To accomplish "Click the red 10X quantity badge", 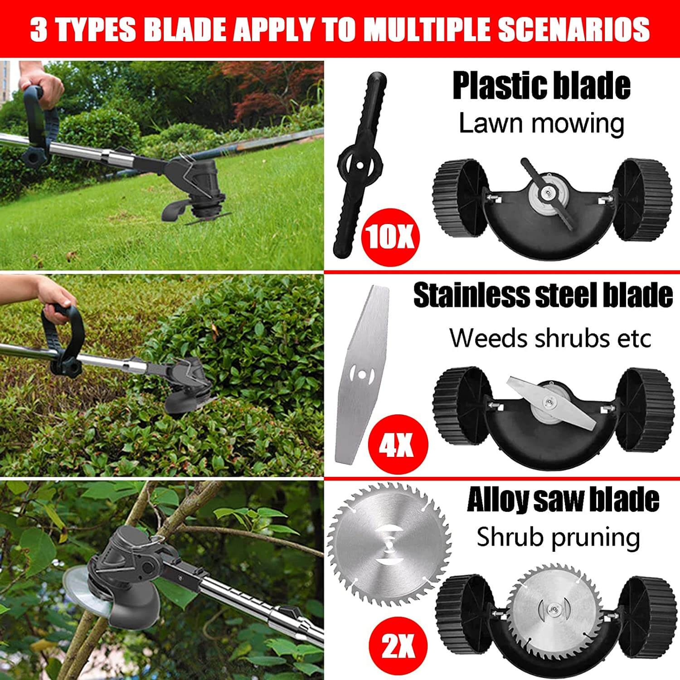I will pyautogui.click(x=390, y=237).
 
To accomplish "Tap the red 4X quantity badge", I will pyautogui.click(x=397, y=446).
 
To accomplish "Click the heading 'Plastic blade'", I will pyautogui.click(x=541, y=86).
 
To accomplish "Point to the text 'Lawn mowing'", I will pyautogui.click(x=541, y=123).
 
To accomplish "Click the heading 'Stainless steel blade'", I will pyautogui.click(x=543, y=295).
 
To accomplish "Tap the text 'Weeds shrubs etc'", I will pyautogui.click(x=550, y=338).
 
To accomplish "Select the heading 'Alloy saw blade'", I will pyautogui.click(x=563, y=500).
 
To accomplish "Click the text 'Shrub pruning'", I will pyautogui.click(x=558, y=537).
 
